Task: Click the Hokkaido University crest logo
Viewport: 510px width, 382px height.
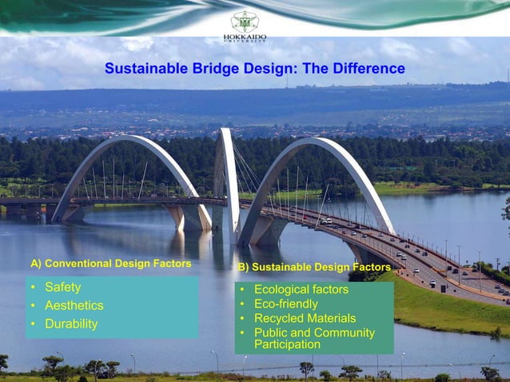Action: pos(245,21)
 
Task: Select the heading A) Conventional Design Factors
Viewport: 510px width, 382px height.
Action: pos(111,263)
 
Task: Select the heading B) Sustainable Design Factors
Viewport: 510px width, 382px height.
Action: pos(314,267)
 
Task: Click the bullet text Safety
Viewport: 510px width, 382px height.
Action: pos(62,287)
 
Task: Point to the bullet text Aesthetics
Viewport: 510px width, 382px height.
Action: pos(74,305)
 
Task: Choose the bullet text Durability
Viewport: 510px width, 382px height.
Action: pos(71,324)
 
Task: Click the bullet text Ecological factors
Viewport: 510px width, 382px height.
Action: pos(301,289)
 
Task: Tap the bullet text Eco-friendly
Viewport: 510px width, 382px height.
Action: pos(285,304)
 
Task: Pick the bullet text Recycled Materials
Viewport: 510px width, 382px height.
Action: pos(305,318)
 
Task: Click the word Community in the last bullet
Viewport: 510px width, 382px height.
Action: pos(344,332)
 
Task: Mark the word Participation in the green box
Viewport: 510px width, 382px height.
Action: pos(287,344)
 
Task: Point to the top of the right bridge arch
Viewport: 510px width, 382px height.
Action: pos(320,141)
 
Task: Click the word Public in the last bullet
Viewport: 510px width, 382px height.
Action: pos(272,332)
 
